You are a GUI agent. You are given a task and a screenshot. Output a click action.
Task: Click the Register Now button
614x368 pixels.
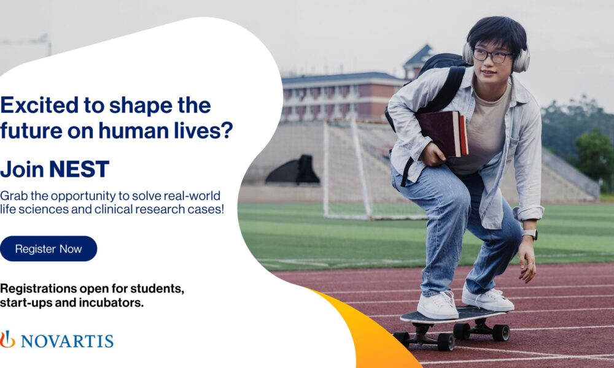(48, 249)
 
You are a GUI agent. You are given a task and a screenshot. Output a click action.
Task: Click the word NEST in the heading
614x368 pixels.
(79, 169)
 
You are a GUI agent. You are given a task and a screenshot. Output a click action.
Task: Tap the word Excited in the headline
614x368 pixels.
(39, 105)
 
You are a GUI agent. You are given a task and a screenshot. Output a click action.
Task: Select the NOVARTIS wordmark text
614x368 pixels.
(67, 341)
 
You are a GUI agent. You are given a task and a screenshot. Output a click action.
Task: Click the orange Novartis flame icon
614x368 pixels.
(7, 339)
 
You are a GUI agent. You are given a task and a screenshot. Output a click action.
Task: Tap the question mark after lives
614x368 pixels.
(227, 130)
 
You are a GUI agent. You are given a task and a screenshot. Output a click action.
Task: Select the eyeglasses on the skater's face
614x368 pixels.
(492, 56)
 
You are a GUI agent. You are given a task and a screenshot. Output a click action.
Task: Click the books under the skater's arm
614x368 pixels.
(442, 133)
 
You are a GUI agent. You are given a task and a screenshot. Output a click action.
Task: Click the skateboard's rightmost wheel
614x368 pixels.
(501, 332)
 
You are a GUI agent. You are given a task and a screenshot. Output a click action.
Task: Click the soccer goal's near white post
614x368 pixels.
(326, 168)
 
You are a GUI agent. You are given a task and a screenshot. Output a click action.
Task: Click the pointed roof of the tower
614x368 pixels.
(419, 55)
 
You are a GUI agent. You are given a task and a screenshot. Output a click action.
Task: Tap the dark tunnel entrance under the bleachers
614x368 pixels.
(293, 170)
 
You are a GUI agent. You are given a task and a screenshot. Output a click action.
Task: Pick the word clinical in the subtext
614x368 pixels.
(118, 209)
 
